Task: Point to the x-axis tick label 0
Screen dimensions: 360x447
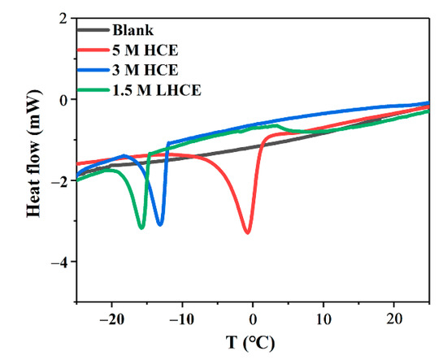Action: click(x=253, y=316)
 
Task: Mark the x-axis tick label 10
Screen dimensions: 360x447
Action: click(x=323, y=316)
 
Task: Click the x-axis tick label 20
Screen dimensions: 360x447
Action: click(x=394, y=316)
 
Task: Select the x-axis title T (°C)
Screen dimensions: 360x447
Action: click(x=253, y=342)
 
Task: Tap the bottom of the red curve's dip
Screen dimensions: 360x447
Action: click(x=247, y=232)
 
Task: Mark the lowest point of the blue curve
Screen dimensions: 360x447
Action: click(x=160, y=224)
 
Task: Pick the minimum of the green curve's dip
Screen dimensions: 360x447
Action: click(x=142, y=228)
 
